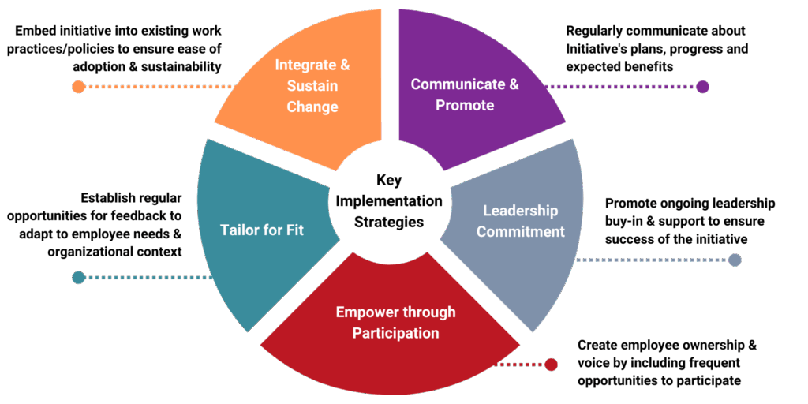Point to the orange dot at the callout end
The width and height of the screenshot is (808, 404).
click(78, 87)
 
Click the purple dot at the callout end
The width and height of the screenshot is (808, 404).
click(703, 87)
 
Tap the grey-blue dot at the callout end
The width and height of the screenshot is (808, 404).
click(735, 260)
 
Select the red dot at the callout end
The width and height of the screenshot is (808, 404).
click(551, 365)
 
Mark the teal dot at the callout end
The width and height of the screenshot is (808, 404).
click(78, 277)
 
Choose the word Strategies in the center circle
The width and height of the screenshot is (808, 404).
click(389, 222)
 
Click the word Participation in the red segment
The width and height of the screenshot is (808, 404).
click(395, 332)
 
